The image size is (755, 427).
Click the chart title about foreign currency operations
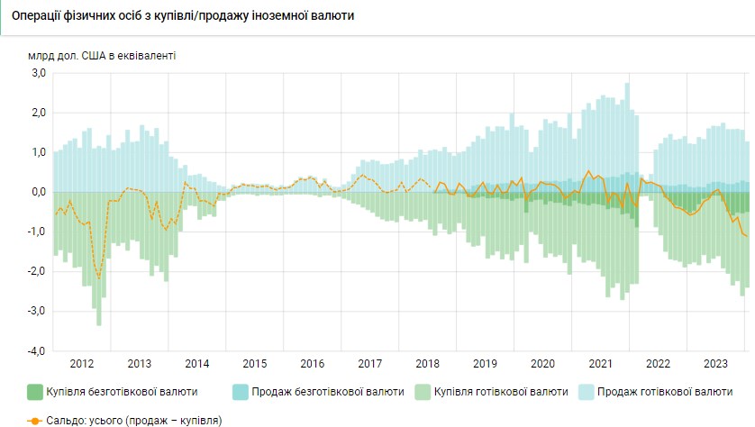coord(183,16)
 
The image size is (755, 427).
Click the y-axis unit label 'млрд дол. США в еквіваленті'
coord(102,55)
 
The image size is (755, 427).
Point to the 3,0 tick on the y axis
coord(38,73)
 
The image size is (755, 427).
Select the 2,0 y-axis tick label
coord(38,113)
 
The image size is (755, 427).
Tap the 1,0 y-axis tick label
coord(38,152)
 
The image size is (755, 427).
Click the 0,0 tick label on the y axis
coord(38,192)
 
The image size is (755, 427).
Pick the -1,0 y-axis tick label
coord(36,232)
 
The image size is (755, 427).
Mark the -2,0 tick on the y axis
coord(36,271)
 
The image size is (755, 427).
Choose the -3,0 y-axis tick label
coord(36,311)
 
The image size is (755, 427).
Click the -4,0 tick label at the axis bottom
coord(36,350)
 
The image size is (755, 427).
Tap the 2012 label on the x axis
coord(82,364)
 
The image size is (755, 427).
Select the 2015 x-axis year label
coord(255,364)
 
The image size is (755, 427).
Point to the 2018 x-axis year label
coord(427,364)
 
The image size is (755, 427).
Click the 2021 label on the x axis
coord(600,364)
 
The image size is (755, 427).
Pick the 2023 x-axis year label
coord(715,364)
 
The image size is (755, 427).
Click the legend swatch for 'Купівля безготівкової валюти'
coord(36,392)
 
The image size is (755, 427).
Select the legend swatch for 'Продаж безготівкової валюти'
coord(241,392)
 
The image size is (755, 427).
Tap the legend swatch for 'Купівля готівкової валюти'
coord(423,392)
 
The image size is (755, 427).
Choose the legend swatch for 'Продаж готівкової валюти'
coord(586,392)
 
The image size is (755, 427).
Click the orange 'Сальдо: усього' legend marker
coord(35,420)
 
